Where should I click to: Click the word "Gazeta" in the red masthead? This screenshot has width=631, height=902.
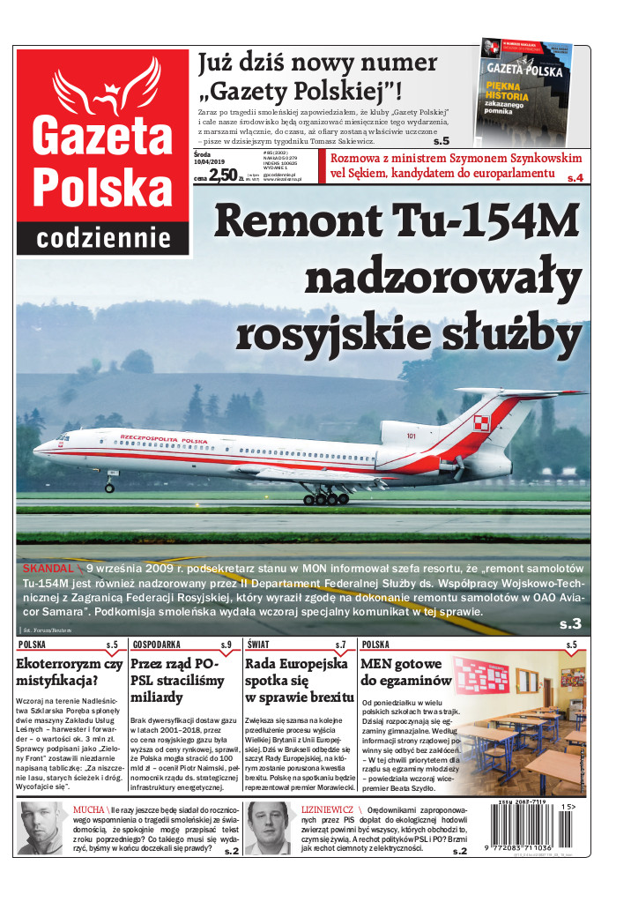(102, 132)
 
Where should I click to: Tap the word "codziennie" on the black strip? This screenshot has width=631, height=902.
(103, 237)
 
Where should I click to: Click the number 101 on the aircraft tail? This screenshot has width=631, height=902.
(412, 436)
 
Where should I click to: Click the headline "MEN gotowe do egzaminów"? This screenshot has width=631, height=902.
(405, 672)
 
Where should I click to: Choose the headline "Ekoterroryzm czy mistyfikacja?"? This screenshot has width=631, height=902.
(70, 672)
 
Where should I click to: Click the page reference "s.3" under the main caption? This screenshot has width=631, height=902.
(570, 623)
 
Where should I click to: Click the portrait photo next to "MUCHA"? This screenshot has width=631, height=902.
(41, 828)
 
